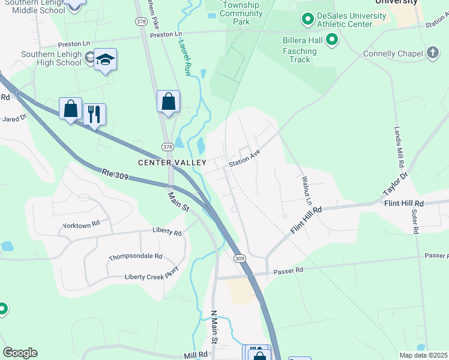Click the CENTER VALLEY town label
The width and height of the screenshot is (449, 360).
(172, 163)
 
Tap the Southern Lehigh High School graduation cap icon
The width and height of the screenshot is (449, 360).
(105, 59)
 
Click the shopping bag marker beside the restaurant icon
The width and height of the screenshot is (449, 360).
(71, 109)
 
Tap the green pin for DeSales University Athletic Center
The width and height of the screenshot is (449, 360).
(308, 20)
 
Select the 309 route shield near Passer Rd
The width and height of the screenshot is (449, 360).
(240, 258)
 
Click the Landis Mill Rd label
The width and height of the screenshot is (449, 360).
(398, 148)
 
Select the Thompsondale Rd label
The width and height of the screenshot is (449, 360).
(135, 257)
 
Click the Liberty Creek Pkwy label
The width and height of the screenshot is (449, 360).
(151, 274)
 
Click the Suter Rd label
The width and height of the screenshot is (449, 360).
(415, 221)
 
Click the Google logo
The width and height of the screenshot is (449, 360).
(20, 353)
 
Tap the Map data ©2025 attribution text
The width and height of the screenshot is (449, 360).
(423, 355)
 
